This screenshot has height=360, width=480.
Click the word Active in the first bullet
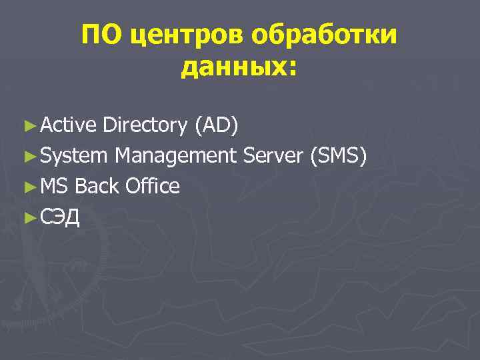tap(69, 124)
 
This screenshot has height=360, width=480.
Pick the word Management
tap(175, 156)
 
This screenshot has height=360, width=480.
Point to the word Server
tap(273, 155)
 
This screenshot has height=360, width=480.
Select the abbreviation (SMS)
tap(339, 155)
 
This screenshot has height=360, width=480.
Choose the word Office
tap(153, 186)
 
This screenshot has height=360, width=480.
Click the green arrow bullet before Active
tap(28, 125)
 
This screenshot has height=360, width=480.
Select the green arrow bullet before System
tap(28, 155)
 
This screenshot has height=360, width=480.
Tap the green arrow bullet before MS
tap(28, 186)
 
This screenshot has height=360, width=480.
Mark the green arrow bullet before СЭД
tap(28, 217)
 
